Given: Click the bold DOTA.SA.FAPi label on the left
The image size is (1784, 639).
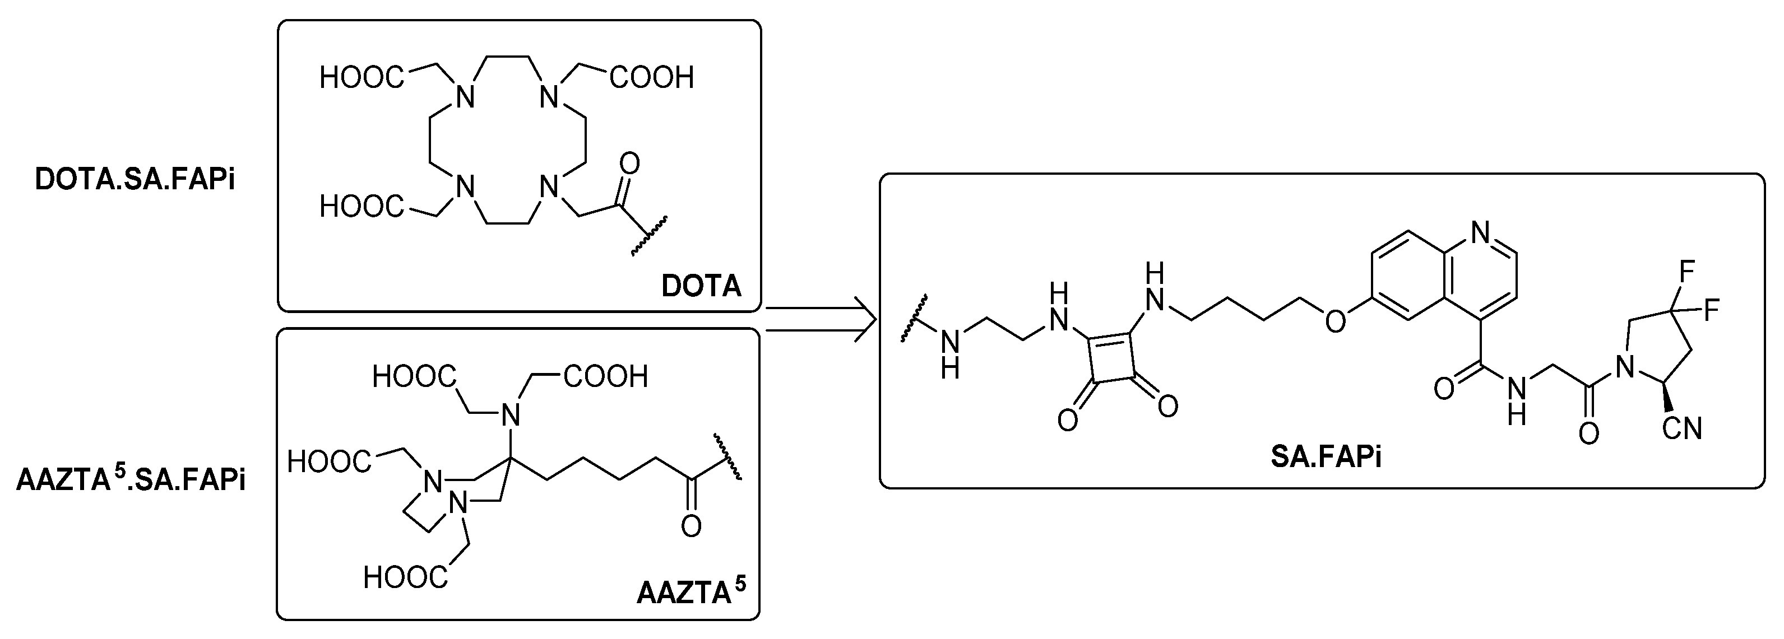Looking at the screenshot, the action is click(x=135, y=181).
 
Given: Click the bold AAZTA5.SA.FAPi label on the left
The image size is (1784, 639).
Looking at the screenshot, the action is click(x=131, y=481).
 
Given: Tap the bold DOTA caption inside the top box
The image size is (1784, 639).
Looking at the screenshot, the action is click(x=701, y=286).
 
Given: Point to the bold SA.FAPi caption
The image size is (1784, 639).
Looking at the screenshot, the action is click(x=1326, y=458).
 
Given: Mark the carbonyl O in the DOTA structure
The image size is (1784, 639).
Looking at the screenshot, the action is click(x=629, y=164).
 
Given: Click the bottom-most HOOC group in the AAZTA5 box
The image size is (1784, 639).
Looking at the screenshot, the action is click(x=405, y=577).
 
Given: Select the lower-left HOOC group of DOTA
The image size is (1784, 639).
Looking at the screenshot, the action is click(x=362, y=206).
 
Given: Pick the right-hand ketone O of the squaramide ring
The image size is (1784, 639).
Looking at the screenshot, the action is click(x=1167, y=405).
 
